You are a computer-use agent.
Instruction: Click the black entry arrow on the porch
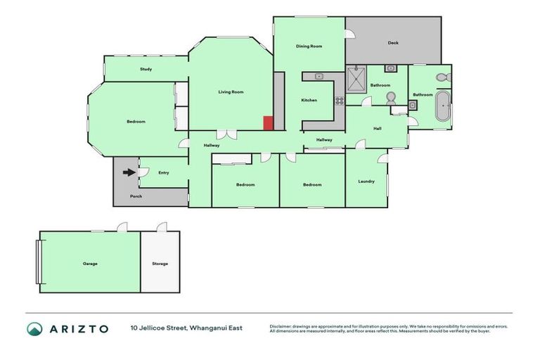[x=129, y=172]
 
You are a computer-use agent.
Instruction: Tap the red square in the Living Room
[x=268, y=123]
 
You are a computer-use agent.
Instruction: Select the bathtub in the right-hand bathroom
[x=442, y=106]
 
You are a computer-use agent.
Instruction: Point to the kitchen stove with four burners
[x=339, y=100]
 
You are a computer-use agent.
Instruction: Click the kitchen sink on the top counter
[x=319, y=75]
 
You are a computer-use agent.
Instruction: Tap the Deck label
[x=393, y=43]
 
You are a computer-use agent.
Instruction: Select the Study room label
[x=146, y=69]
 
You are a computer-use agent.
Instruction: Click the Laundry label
[x=366, y=181]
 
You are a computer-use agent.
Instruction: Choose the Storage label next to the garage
[x=160, y=264]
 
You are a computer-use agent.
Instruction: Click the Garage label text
[x=90, y=264]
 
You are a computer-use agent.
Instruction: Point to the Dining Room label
[x=309, y=46]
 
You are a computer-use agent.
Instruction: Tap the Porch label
[x=136, y=196]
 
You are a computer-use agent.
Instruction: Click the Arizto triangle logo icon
[x=34, y=328]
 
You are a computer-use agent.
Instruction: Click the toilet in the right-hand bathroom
[x=442, y=77]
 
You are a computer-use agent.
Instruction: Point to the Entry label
[x=164, y=172]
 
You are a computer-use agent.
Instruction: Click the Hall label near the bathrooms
[x=377, y=128]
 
